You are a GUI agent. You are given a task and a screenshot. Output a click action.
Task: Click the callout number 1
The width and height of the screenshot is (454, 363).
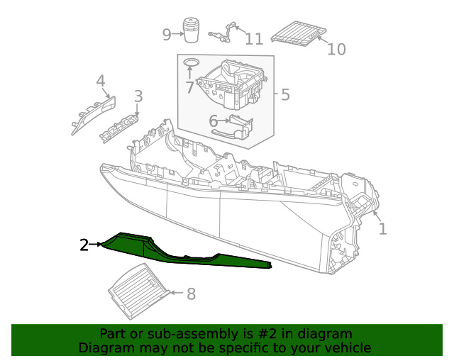tap(382, 229)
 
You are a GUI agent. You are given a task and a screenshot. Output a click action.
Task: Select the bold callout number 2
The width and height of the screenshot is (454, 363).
tap(84, 245)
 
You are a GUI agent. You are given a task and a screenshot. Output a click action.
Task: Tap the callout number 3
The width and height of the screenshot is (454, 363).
tap(138, 96)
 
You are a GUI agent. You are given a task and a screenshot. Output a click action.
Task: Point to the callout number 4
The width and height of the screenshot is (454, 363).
tap(101, 81)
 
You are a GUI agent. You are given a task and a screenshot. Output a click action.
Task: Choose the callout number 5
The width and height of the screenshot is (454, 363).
tap(285, 94)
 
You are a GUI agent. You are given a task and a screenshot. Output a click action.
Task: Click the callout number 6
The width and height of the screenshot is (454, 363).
tap(213, 121)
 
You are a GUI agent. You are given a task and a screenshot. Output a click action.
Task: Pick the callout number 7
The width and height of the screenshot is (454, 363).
tap(189, 87)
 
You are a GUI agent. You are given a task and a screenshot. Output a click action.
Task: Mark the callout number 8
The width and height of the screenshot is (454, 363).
tap(191, 294)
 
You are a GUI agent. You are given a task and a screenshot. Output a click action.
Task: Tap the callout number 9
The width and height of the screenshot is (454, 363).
tap(167, 34)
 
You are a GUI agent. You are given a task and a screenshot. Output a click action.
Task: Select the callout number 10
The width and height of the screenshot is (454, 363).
tap(336, 49)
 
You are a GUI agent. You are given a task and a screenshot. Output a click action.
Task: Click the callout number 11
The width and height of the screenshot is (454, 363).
tap(254, 38)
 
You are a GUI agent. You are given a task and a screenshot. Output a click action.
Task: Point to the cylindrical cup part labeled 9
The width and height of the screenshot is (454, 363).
tap(191, 31)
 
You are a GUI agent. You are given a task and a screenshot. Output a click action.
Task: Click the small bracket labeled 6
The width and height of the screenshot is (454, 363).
tap(241, 127)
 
